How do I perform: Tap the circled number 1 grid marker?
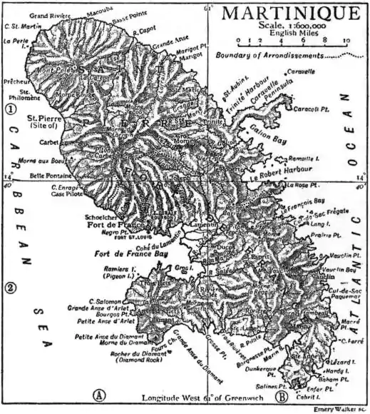click(x=10, y=110)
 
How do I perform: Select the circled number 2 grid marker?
click(x=10, y=288)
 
